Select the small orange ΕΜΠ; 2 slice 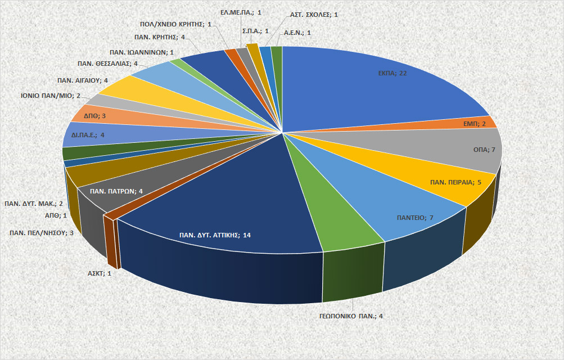[481, 123]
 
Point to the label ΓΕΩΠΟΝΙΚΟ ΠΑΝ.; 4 [347, 316]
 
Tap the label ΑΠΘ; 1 [56, 215]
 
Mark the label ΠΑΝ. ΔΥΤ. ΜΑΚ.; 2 [34, 204]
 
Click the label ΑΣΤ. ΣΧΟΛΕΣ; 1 [314, 14]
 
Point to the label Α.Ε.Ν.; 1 [297, 33]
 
